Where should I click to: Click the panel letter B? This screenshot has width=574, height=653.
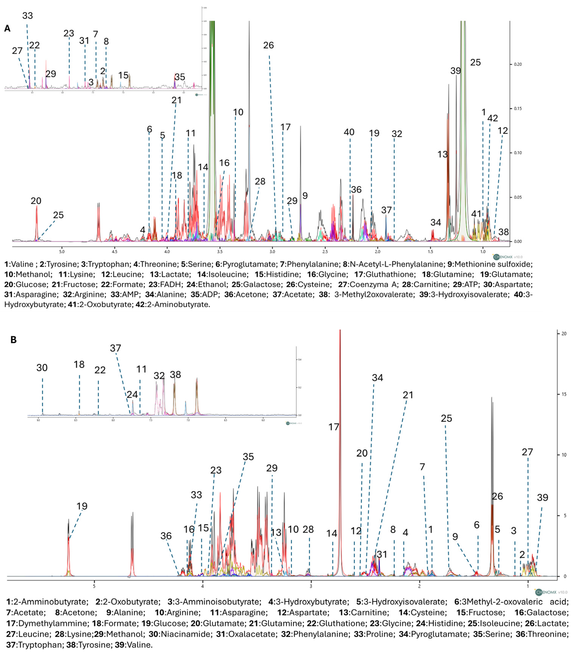point(13,340)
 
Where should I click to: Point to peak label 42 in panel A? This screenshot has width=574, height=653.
point(493,118)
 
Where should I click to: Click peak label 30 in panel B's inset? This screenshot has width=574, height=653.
point(42,368)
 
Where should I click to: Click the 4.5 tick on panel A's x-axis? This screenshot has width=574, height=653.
point(114,251)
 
